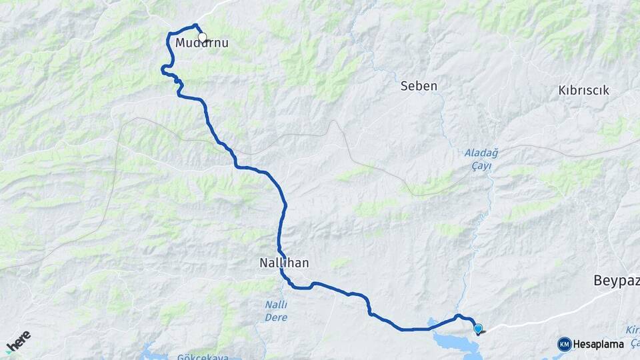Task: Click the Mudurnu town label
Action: pyautogui.click(x=202, y=43)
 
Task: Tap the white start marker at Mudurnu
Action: pyautogui.click(x=202, y=37)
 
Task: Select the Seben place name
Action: pyautogui.click(x=419, y=86)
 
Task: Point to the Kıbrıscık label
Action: pyautogui.click(x=583, y=91)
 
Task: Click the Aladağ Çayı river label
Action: pyautogui.click(x=481, y=159)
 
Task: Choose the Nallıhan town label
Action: pyautogui.click(x=284, y=263)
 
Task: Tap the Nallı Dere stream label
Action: pyautogui.click(x=276, y=311)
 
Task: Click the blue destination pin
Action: pyautogui.click(x=478, y=328)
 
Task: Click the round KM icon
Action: pyautogui.click(x=564, y=344)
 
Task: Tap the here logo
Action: pyautogui.click(x=18, y=342)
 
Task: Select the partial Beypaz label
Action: pyautogui.click(x=616, y=281)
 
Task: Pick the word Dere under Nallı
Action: pyautogui.click(x=276, y=317)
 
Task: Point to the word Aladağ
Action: pyautogui.click(x=481, y=153)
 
